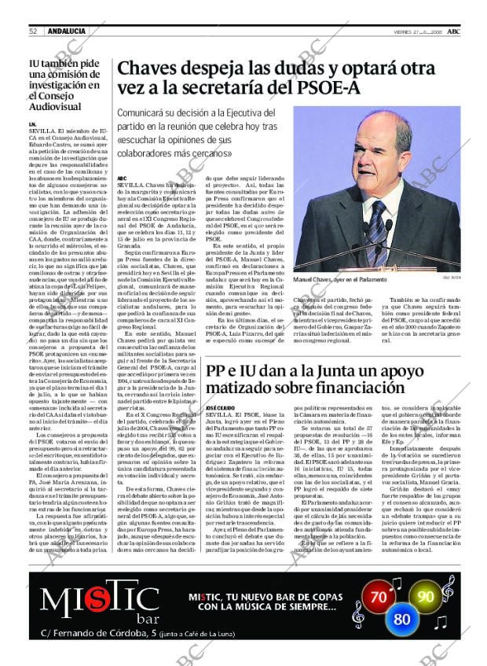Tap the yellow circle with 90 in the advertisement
(425, 596)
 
